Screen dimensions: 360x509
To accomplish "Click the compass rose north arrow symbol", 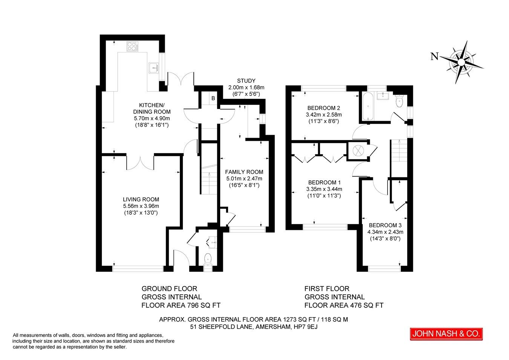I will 462,61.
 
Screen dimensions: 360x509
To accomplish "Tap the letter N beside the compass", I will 434,57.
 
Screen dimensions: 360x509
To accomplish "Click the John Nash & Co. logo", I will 446,334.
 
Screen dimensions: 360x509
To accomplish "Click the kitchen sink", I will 154,68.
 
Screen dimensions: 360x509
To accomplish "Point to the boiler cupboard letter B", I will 213,98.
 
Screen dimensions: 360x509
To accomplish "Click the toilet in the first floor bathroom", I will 399,101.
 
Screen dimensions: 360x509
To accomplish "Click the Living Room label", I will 141,199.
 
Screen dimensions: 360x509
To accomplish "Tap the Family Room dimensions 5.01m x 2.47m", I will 244,178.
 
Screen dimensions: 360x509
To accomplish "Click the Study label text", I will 246,81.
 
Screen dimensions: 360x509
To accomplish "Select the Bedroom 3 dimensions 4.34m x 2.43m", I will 385,232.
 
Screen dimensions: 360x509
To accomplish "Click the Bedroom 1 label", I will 324,182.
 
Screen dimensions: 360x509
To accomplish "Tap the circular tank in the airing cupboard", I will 357,150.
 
